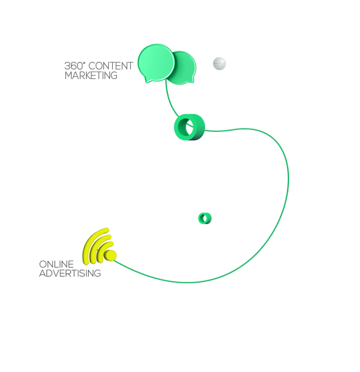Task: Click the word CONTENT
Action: [x=111, y=66]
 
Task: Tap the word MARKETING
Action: [x=91, y=76]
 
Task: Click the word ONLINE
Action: [x=56, y=264]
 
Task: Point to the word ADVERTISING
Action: [x=70, y=273]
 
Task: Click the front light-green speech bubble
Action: [x=156, y=63]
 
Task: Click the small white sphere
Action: [x=219, y=63]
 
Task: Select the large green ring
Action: [x=179, y=127]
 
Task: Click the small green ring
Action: [x=201, y=218]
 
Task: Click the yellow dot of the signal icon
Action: [x=110, y=255]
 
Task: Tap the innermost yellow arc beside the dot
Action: [x=101, y=249]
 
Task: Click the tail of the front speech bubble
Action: [x=148, y=80]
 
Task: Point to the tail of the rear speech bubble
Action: [x=191, y=80]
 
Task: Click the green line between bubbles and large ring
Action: [x=169, y=100]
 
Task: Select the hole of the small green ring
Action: [x=205, y=218]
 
